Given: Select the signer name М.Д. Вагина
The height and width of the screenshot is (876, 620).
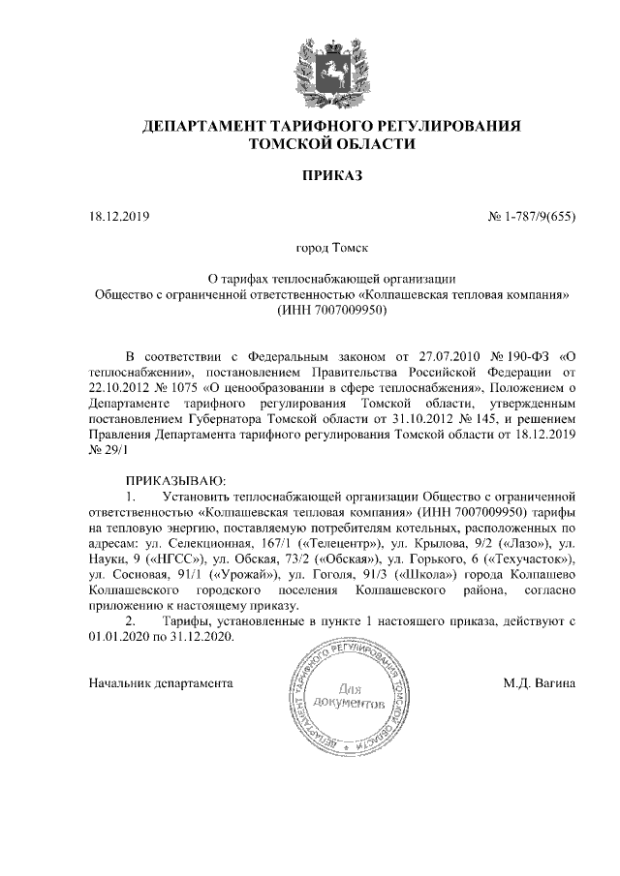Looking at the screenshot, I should pyautogui.click(x=540, y=682).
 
